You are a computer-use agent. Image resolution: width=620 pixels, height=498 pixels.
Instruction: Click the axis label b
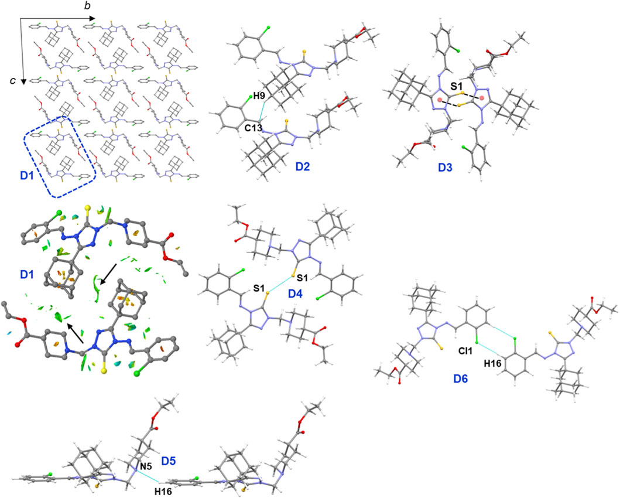click(x=88, y=6)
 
